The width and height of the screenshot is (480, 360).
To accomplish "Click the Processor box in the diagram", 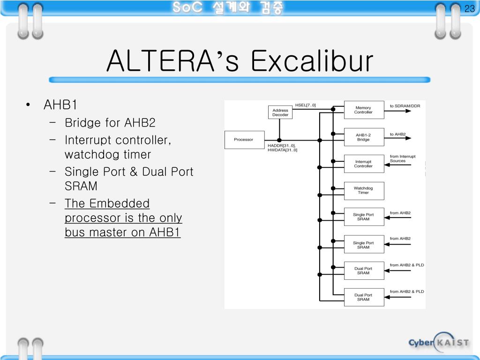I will click(243, 139).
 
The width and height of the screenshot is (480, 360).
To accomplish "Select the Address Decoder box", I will click(280, 112).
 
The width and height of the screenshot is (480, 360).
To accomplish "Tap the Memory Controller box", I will click(363, 110).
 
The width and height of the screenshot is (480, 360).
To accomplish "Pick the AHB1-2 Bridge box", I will click(363, 137).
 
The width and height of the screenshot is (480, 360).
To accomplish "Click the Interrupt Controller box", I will click(363, 164).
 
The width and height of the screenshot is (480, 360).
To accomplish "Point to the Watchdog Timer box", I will click(363, 190).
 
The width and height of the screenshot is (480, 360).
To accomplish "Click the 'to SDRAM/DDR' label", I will click(405, 106).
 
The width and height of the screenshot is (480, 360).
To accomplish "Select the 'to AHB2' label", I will click(397, 134).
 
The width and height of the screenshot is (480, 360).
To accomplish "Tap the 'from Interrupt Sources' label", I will click(402, 158).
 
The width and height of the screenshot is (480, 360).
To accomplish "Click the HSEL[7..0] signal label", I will click(305, 105).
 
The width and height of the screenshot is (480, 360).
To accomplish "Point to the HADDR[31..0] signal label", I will click(281, 145).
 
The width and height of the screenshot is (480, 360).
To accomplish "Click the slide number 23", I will click(469, 9).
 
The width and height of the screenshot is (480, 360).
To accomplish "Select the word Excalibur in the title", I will click(312, 61).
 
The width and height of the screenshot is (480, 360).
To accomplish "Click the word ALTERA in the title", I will click(159, 61).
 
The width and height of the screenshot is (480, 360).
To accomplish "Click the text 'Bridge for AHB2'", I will click(110, 123).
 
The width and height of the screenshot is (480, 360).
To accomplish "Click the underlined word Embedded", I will click(120, 203).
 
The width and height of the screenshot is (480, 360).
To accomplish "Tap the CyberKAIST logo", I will click(438, 342).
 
